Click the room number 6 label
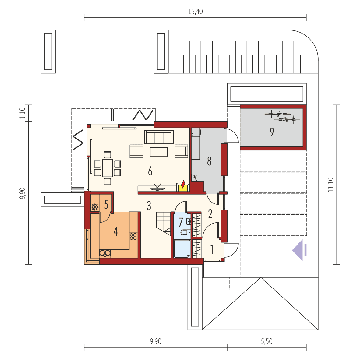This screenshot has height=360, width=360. coord(150,171)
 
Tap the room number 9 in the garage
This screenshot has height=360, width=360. coord(272,132)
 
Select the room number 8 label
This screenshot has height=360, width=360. coord(209,161)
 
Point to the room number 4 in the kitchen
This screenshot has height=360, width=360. coord(115,231)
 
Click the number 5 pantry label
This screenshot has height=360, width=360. coord(106,204)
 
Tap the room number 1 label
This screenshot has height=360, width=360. coord(212,250)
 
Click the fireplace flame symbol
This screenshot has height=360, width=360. coord(183,185)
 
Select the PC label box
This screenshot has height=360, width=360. coord(195,178)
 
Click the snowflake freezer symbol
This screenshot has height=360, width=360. coord(95,207)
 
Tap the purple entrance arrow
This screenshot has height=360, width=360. coord(299,250)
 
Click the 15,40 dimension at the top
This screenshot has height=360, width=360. coord(195,12)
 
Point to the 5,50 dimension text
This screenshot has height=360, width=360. coord(266,341)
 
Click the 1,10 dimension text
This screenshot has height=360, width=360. coord(22,113)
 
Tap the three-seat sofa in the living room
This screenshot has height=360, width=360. coord(159,137)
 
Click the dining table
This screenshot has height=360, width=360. coord(107,168)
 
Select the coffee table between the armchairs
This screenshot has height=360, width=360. coord(158,152)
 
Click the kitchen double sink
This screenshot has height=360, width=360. coord(105,253)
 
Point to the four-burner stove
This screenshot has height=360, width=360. coord(133,236)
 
